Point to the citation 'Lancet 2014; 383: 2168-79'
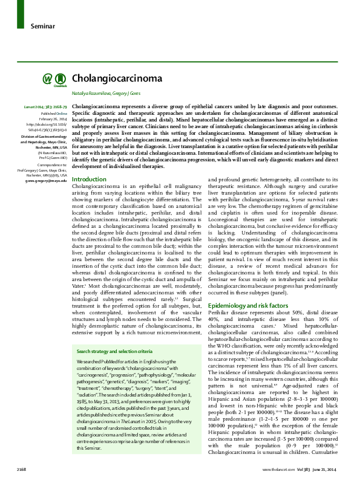tap(46, 107)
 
